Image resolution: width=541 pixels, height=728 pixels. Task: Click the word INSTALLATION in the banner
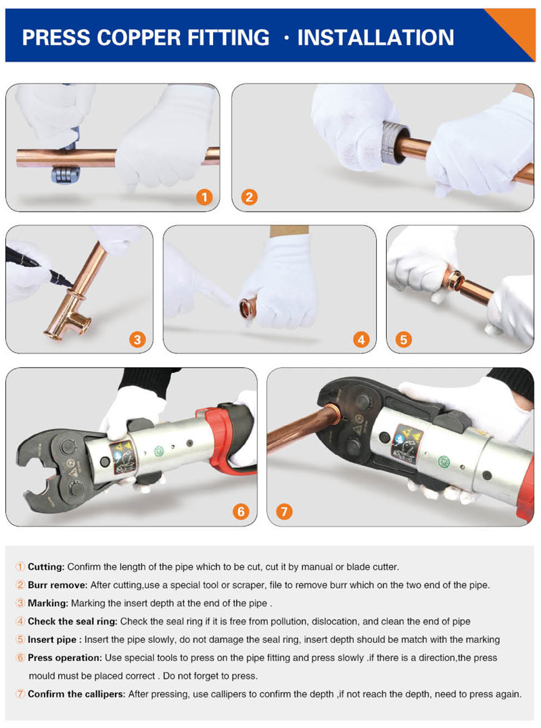coord(375,38)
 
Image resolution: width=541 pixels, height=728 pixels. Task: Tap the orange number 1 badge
coord(204,197)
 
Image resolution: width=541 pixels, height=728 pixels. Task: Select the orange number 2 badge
coord(250,197)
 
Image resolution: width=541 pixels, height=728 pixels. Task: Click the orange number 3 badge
coord(137,339)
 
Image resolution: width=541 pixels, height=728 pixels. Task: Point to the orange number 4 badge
coord(361,339)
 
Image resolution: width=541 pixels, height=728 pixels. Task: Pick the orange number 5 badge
coord(403,339)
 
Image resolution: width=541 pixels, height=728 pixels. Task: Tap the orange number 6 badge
coord(241,512)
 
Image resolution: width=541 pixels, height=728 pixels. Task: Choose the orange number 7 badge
coord(284,512)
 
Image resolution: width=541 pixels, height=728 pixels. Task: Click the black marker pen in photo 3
coord(39,267)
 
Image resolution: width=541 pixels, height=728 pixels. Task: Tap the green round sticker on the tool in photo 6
coord(159,452)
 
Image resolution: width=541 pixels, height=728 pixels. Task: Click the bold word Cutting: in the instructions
coord(46,567)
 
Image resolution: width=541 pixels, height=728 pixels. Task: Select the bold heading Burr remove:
coord(57,585)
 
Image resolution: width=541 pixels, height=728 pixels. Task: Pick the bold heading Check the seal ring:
coord(73,621)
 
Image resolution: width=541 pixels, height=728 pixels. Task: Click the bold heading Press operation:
coord(64,658)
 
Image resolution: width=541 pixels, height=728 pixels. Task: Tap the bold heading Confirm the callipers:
coord(76,694)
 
